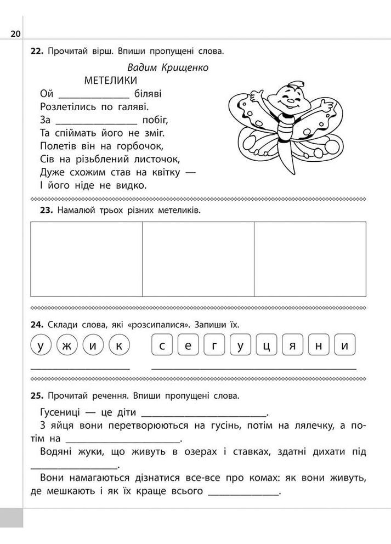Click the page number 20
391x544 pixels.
tap(15, 34)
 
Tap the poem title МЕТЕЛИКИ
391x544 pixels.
tap(110, 80)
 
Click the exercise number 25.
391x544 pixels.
tap(37, 395)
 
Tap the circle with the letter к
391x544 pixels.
tap(119, 346)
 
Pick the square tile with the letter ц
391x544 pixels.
tap(266, 346)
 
